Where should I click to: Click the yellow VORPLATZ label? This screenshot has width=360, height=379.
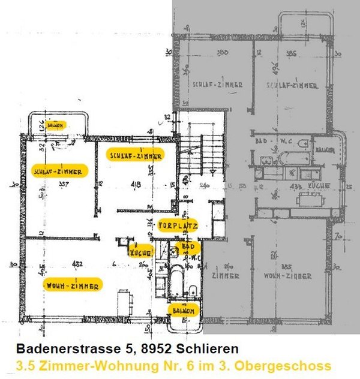point(176,225)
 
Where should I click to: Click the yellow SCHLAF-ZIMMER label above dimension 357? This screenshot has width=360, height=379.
point(59,170)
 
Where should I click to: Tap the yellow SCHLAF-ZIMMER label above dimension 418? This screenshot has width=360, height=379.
point(135,155)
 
